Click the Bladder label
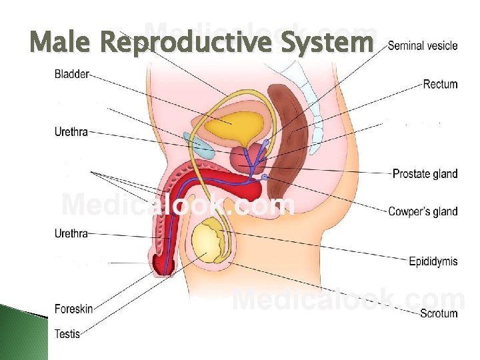(71, 74)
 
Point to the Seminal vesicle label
(423, 45)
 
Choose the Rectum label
(440, 84)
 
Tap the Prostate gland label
(425, 174)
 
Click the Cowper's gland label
(423, 211)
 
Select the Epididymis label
(433, 261)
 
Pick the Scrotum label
(439, 313)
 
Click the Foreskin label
(73, 309)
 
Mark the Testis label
(67, 333)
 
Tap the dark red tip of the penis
(163, 266)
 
